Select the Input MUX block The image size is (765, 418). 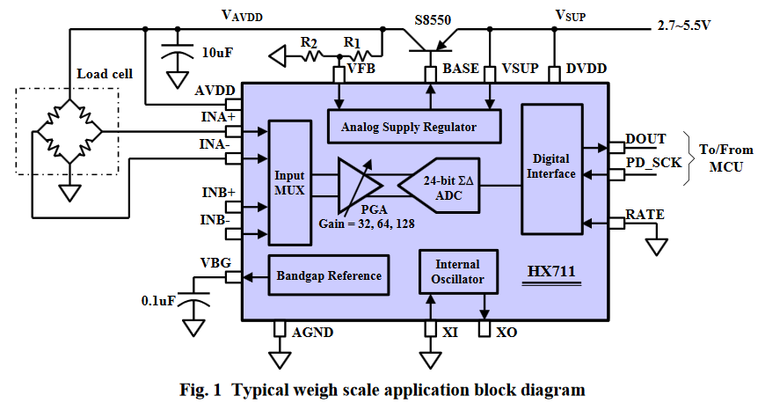coord(289,182)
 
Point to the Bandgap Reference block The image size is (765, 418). coord(329,275)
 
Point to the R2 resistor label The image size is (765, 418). coord(309,40)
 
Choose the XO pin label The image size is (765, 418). coord(506,332)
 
